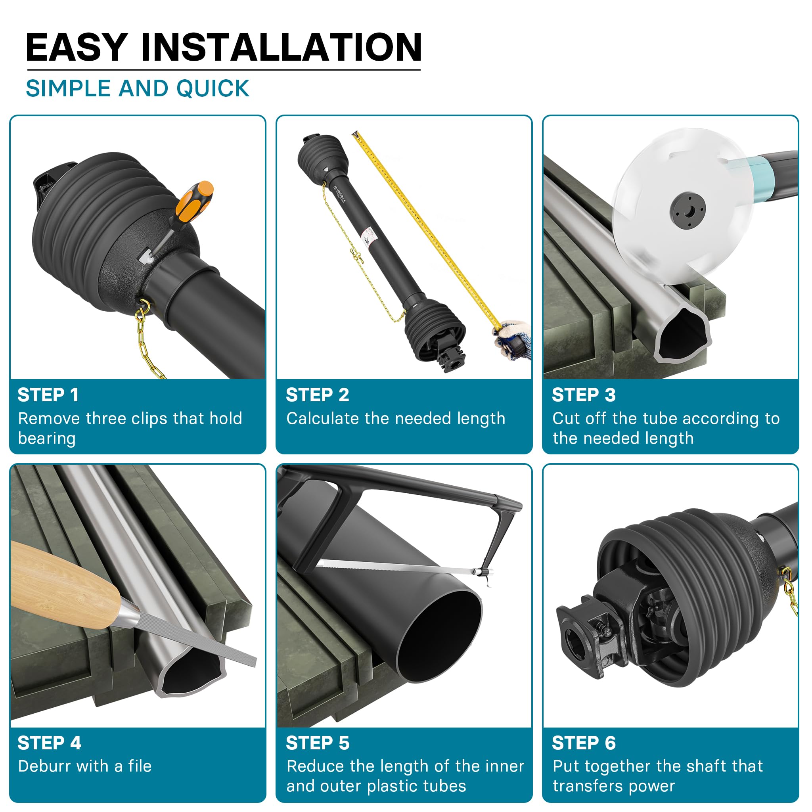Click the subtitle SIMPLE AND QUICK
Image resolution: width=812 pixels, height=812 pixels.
click(x=138, y=89)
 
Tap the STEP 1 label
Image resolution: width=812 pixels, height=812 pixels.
click(x=48, y=395)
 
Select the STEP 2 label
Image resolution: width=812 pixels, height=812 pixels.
click(x=317, y=395)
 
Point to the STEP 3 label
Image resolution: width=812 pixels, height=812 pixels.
click(x=583, y=395)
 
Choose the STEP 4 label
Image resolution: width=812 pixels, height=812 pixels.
click(x=49, y=743)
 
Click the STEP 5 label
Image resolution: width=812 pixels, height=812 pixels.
click(x=317, y=743)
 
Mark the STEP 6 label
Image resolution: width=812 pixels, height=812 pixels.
click(x=583, y=743)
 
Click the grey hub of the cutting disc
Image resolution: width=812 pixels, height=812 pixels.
click(x=688, y=211)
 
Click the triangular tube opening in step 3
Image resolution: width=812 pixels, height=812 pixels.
click(x=683, y=333)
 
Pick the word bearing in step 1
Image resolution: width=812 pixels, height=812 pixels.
click(x=47, y=439)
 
